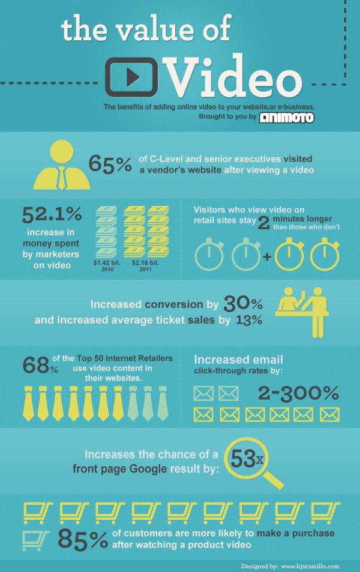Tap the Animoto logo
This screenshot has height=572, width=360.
click(x=287, y=117)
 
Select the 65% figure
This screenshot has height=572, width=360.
click(x=110, y=164)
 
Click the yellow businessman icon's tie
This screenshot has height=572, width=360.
click(x=61, y=177)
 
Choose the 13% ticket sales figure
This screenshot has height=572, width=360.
click(x=248, y=320)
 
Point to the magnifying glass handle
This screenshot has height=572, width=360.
click(x=274, y=479)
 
